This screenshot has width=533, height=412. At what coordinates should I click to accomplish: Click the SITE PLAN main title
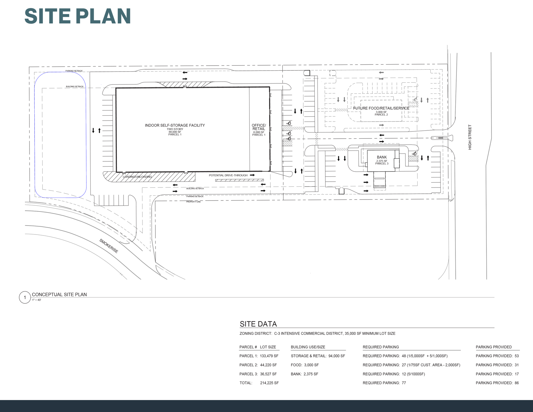pos(78,16)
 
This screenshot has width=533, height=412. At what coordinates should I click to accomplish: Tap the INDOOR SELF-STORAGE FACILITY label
pos(175,125)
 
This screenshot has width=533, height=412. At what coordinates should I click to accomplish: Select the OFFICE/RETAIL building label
pos(259,127)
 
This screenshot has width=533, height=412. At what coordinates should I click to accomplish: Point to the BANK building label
pos(382,157)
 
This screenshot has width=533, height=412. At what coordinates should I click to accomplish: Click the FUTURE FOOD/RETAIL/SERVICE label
pos(381,108)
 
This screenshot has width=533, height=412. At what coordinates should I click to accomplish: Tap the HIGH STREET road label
pos(470,137)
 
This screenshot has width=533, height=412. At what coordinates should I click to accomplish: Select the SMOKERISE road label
pos(109,246)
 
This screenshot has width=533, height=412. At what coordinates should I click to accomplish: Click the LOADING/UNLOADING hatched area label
pos(137,177)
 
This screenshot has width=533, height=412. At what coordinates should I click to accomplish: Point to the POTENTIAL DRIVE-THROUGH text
pos(228,175)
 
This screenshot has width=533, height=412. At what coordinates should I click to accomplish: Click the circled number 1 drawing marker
pos(25,297)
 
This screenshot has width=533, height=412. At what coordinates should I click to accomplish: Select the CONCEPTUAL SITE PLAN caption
pos(59,295)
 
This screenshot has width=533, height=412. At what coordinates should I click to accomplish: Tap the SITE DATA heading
pos(258,324)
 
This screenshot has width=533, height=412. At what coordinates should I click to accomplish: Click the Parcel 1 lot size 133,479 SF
pos(269,356)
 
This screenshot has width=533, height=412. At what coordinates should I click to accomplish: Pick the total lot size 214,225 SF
pos(269,383)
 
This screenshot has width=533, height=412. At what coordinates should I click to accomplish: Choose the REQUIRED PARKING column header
pos(381,347)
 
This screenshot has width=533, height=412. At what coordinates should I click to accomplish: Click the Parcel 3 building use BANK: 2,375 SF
pos(304,374)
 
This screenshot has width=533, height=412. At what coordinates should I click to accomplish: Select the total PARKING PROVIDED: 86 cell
pos(497,383)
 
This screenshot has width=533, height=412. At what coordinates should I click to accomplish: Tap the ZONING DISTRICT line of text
pos(317,333)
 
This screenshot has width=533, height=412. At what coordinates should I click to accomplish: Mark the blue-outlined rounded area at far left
pos(60,135)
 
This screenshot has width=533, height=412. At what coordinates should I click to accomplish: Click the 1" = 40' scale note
pos(36,300)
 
